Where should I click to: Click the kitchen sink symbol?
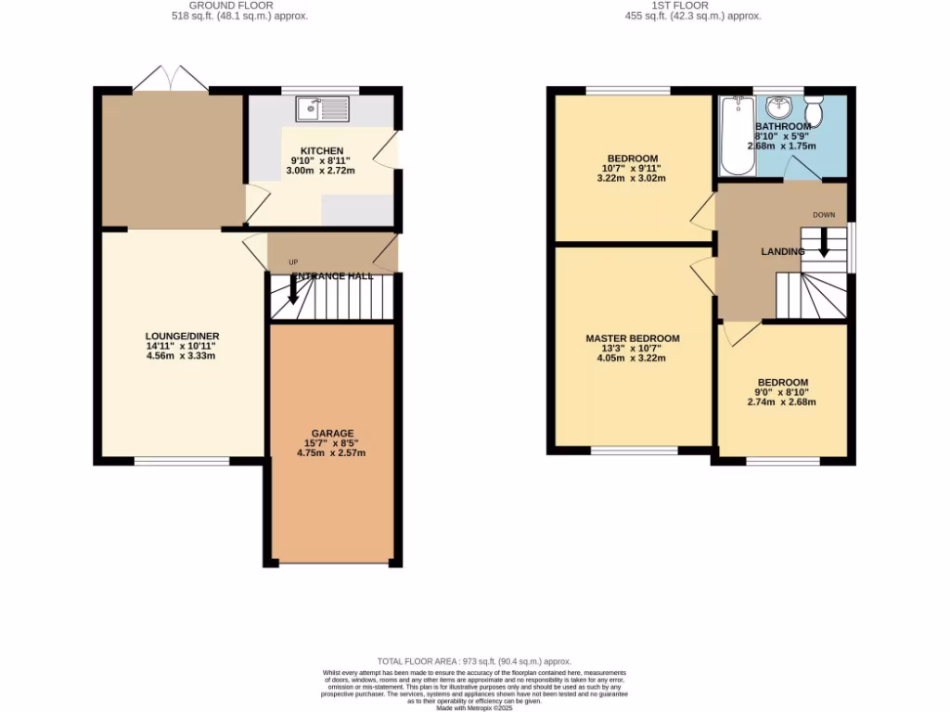pos(322,108)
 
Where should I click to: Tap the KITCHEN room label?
pos(322,150)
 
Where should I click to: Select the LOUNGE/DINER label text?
pos(182,336)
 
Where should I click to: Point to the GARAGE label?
pos(331,433)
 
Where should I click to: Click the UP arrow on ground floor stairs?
pos(293,290)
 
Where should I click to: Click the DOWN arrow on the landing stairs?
pos(824,242)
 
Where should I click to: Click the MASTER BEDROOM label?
pos(632,338)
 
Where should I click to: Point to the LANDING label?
pos(782,251)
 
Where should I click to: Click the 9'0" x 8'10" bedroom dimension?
pos(782,392)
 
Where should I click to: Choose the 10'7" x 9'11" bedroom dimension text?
pos(632,169)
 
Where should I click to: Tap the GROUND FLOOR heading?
pos(241,6)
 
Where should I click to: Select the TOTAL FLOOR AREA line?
pos(474,660)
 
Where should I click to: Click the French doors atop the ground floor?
pos(171,79)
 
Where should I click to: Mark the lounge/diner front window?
pos(182,461)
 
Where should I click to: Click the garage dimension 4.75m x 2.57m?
pos(331,453)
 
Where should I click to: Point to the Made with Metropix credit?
pos(474,707)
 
